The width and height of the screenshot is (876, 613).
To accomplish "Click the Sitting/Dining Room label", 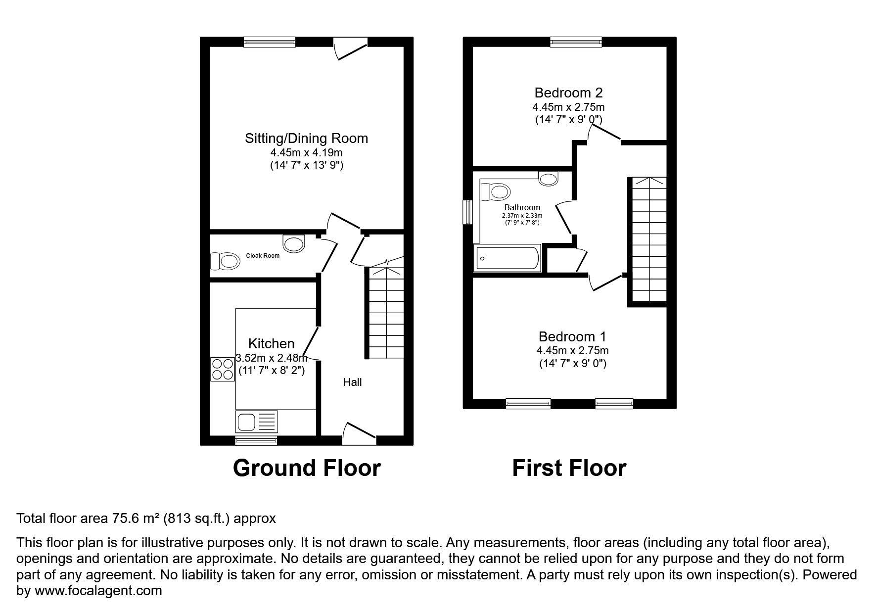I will (x=306, y=139).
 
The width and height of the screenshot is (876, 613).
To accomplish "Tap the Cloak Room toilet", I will (x=226, y=261).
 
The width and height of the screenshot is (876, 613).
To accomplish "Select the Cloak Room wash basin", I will (x=294, y=243).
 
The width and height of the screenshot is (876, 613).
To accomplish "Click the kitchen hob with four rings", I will (x=223, y=369).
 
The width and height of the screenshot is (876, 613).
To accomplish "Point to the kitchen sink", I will (x=257, y=422).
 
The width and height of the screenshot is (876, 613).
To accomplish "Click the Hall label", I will (x=352, y=382).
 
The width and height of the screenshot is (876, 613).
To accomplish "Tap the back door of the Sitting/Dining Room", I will (x=351, y=48).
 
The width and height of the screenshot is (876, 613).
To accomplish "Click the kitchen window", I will (x=256, y=440).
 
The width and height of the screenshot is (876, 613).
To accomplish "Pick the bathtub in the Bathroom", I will (x=507, y=258).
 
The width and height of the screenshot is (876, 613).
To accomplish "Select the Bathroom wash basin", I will (x=548, y=178).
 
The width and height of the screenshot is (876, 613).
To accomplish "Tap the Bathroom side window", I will (x=467, y=212).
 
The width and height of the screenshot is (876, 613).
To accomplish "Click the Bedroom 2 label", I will (x=568, y=93).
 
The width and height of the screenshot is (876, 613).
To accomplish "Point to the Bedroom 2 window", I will (x=576, y=42).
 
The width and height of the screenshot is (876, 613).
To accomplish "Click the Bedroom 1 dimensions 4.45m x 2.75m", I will (x=572, y=351).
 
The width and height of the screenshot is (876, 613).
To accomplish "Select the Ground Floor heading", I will (x=307, y=468).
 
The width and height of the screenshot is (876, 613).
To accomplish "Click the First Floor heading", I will (x=569, y=468).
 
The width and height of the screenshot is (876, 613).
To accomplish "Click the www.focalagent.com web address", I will (x=98, y=590).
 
